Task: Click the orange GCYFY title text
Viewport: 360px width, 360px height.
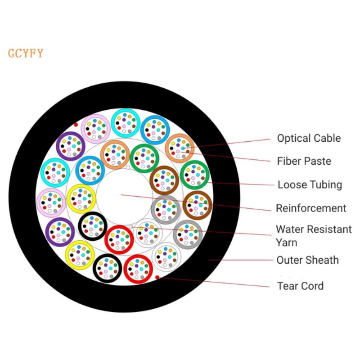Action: tap(26, 53)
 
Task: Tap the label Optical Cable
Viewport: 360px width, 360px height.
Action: tap(309, 138)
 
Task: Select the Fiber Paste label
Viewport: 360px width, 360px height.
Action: tap(304, 161)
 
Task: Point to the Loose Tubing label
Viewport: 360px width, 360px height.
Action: tap(310, 185)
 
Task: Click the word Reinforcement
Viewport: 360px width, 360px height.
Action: tap(311, 208)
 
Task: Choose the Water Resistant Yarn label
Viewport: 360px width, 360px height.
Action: tap(314, 236)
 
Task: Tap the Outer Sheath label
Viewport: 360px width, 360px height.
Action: tap(307, 260)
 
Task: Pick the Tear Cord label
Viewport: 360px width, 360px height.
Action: tap(300, 286)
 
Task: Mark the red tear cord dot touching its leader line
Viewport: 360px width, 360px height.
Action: tap(157, 277)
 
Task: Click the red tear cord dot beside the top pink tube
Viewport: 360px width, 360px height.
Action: tap(76, 125)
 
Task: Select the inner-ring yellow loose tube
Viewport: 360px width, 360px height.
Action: tap(81, 198)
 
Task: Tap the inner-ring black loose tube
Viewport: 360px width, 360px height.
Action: tap(93, 226)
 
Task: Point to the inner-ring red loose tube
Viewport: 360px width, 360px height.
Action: tap(119, 240)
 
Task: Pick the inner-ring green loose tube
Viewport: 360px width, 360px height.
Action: tap(144, 158)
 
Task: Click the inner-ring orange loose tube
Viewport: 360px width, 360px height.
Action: tap(115, 154)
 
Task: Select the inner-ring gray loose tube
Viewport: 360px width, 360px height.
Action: tap(166, 210)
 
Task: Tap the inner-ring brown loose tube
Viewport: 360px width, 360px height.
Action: tap(164, 180)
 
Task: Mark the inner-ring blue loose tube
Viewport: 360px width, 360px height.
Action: tap(90, 171)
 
